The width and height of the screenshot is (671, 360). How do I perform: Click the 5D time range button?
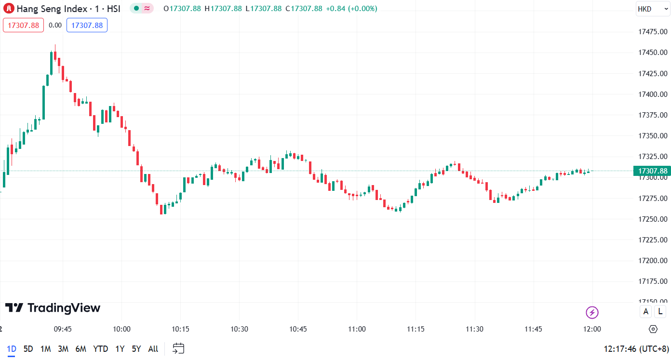(x=28, y=349)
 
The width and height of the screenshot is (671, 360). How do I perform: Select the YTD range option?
(x=100, y=349)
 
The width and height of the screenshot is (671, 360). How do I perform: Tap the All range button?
(x=153, y=349)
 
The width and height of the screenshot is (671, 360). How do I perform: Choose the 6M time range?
(x=81, y=349)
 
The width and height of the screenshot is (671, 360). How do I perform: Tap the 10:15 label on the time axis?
(x=180, y=329)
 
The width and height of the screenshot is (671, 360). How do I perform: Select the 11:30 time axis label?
(x=474, y=329)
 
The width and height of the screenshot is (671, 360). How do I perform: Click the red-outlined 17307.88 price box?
(x=23, y=25)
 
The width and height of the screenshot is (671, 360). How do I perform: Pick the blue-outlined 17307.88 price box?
(x=87, y=25)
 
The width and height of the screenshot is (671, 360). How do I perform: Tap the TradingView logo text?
(x=53, y=308)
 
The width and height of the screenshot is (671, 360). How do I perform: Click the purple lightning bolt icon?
(x=592, y=312)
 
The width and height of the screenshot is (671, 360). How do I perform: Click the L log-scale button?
(x=659, y=312)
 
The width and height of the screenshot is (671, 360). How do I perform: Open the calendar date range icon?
(x=178, y=348)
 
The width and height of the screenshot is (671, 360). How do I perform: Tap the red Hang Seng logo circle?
(x=9, y=9)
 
